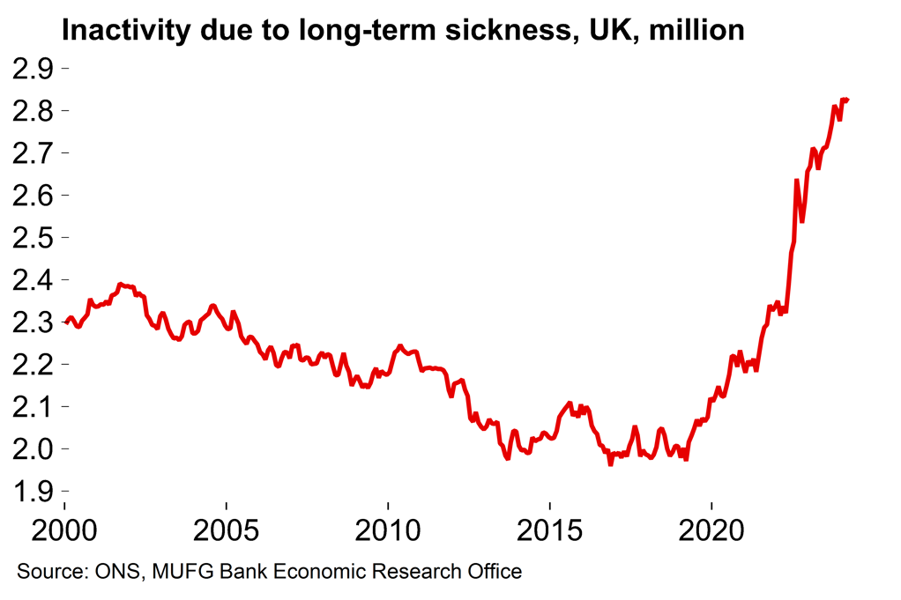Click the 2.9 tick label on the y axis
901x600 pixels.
(x=33, y=68)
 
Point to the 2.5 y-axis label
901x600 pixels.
(x=33, y=238)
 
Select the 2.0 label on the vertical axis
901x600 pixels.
(x=33, y=448)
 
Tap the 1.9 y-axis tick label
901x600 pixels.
(x=33, y=491)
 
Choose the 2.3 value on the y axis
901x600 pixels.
(x=33, y=322)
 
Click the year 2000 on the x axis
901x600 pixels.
(x=64, y=533)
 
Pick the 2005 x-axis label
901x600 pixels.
(x=227, y=533)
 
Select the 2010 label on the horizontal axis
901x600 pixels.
(x=388, y=533)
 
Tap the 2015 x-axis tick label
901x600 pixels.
(x=549, y=533)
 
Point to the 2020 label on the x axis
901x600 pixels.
(x=711, y=533)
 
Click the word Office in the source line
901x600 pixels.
(x=494, y=572)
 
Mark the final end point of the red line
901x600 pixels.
(x=847, y=100)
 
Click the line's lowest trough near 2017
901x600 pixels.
(x=610, y=463)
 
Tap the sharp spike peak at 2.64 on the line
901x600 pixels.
(x=797, y=181)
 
